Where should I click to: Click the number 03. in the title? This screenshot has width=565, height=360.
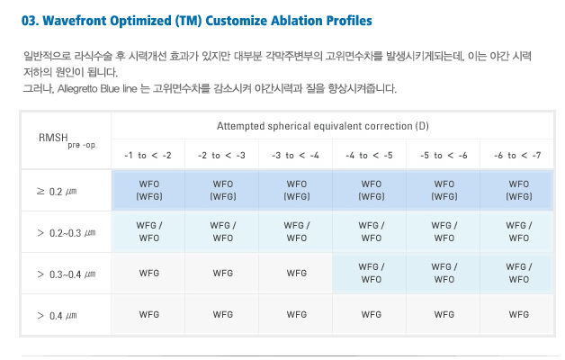tap(31, 21)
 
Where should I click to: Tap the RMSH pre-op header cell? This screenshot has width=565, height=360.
tap(67, 140)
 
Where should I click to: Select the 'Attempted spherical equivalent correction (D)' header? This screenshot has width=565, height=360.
tap(322, 126)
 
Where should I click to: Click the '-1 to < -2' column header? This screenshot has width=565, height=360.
tap(148, 156)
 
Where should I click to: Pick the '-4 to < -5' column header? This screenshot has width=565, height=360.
tap(369, 156)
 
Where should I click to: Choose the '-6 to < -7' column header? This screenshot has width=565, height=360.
tap(517, 156)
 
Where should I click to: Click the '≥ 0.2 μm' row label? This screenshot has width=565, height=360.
tap(57, 191)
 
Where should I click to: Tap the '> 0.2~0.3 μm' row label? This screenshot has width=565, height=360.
tap(67, 233)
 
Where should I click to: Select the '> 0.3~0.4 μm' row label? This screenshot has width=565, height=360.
tap(67, 274)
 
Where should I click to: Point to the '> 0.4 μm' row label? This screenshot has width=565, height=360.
tap(57, 316)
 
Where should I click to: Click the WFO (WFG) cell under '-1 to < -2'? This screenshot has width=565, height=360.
tap(149, 190)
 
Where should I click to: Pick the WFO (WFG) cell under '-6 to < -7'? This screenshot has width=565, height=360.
tap(519, 190)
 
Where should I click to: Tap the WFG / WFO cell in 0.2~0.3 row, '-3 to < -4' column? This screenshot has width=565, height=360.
tap(297, 231)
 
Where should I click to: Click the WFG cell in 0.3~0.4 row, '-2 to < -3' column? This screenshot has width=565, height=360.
tap(223, 274)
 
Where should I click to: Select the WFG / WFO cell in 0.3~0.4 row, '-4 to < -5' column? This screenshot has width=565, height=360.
tap(372, 274)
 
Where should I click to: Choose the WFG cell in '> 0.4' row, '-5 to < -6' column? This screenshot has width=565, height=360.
tap(444, 315)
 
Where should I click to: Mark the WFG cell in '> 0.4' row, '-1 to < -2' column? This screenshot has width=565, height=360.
tap(149, 315)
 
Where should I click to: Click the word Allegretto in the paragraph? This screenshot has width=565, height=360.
tap(77, 88)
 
